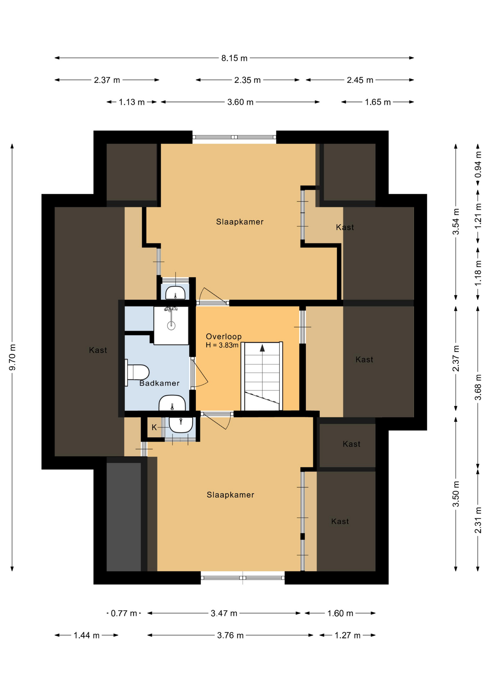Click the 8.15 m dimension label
click(234, 58)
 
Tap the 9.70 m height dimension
click(12, 357)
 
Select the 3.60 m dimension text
click(240, 102)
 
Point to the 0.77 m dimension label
click(124, 613)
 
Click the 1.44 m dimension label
click(87, 635)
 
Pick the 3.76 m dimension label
click(230, 635)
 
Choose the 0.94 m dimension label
click(478, 164)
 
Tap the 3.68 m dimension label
click(478, 387)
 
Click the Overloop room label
click(224, 337)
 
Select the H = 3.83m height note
click(222, 345)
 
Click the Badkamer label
click(159, 383)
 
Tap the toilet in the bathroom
click(137, 372)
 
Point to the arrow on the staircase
click(262, 348)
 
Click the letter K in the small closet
click(154, 427)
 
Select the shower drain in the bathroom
click(171, 326)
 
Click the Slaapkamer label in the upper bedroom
click(240, 222)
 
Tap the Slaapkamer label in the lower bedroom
click(231, 495)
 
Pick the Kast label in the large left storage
click(98, 350)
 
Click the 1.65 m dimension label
click(378, 102)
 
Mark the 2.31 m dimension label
click(478, 520)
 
